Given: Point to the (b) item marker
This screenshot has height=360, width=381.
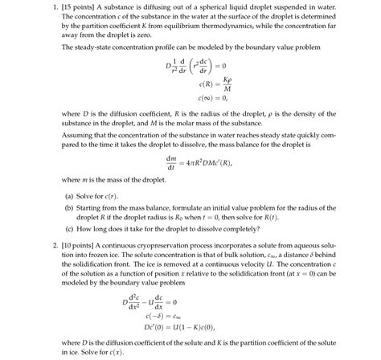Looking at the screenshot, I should (69, 206).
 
